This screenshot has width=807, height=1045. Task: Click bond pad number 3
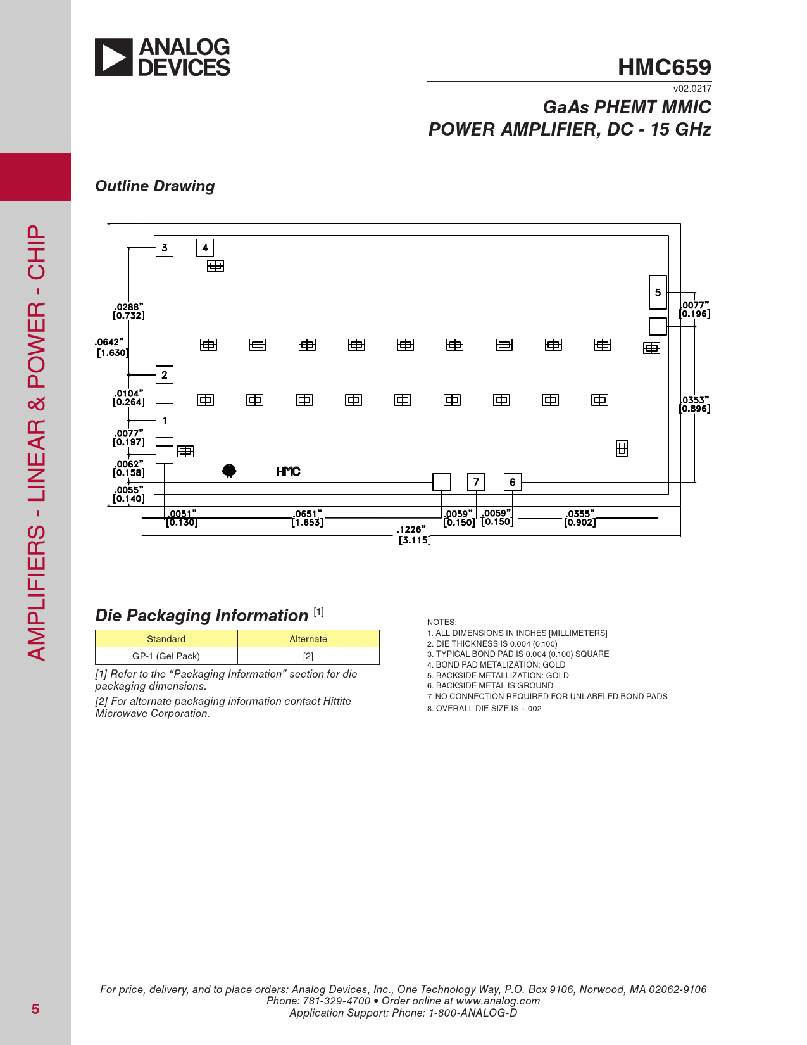(x=165, y=248)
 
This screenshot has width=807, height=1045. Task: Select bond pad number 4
(x=205, y=248)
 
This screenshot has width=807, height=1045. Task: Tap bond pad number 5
(x=658, y=293)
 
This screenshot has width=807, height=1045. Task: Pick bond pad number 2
(x=165, y=375)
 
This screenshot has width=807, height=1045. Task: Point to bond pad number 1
(x=165, y=421)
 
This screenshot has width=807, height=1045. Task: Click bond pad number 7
(x=476, y=482)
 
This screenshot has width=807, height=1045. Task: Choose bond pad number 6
(x=513, y=482)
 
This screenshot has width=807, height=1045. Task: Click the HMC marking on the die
(x=289, y=472)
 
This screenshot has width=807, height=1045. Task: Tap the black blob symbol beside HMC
(x=229, y=471)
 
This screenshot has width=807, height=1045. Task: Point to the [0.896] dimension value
(x=695, y=409)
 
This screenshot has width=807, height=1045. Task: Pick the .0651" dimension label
(x=307, y=514)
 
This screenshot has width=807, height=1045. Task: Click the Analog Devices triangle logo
(x=114, y=57)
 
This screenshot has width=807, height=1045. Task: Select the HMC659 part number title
(x=664, y=67)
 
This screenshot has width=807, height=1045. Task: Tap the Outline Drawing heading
(x=155, y=186)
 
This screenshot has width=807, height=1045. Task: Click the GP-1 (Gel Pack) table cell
(x=166, y=656)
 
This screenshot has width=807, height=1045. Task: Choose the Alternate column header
(x=308, y=639)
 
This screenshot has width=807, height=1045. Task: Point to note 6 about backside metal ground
(x=494, y=686)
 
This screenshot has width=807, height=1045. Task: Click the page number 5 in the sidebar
(x=35, y=1010)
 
